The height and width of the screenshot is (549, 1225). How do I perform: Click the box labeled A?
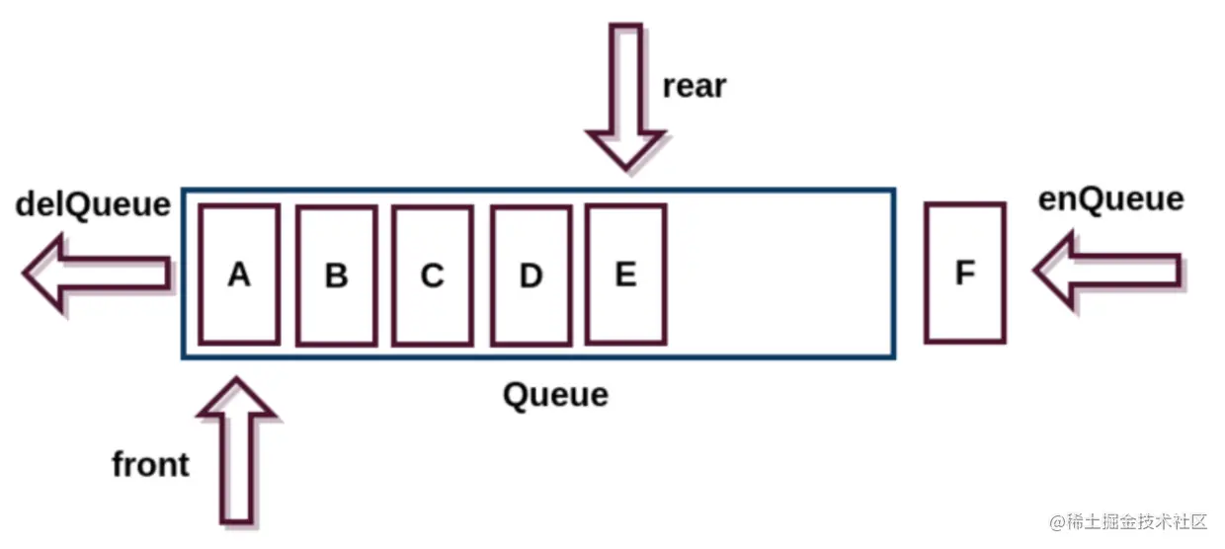pyautogui.click(x=238, y=274)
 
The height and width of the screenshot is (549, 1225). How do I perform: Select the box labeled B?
pyautogui.click(x=336, y=275)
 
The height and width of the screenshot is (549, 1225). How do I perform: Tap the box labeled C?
pyautogui.click(x=432, y=275)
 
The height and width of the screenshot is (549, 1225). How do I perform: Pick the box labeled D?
pyautogui.click(x=531, y=275)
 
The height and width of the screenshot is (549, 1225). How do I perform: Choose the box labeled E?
pyautogui.click(x=625, y=273)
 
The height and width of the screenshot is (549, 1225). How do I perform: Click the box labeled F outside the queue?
pyautogui.click(x=965, y=273)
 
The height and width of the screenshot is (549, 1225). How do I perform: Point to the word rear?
pyautogui.click(x=694, y=86)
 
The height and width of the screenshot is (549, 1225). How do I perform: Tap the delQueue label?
pyautogui.click(x=93, y=204)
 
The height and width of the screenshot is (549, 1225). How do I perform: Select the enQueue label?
pyautogui.click(x=1110, y=198)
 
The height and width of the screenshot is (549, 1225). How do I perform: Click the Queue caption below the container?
pyautogui.click(x=555, y=395)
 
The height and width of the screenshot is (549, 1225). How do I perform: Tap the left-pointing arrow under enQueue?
pyautogui.click(x=1106, y=269)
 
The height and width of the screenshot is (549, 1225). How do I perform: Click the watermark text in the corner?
pyautogui.click(x=1129, y=520)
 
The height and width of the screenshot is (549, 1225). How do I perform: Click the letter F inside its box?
pyautogui.click(x=965, y=273)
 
